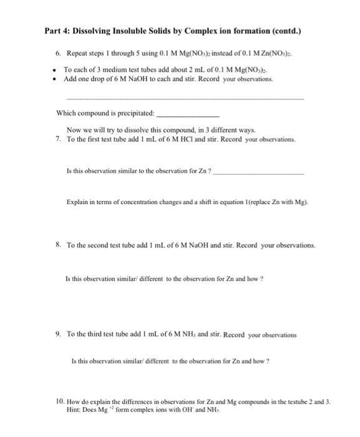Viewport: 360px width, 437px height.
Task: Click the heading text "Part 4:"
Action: pos(59,31)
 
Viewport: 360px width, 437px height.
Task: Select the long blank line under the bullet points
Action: pos(185,100)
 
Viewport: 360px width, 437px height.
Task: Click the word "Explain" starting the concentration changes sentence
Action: pos(77,202)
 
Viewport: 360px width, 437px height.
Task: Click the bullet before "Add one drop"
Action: pos(56,80)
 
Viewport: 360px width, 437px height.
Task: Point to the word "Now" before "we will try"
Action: pos(73,130)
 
